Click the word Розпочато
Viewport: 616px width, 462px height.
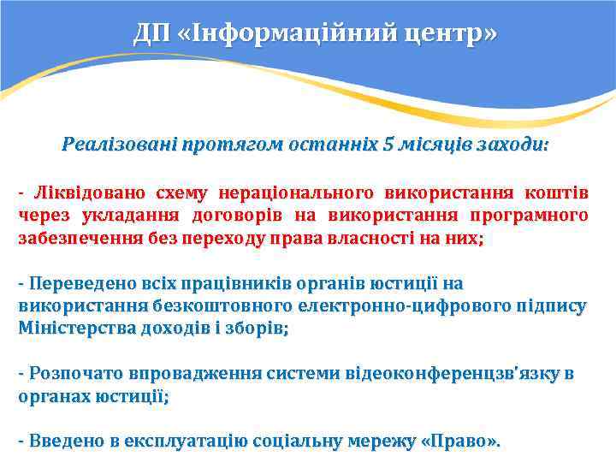75,373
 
